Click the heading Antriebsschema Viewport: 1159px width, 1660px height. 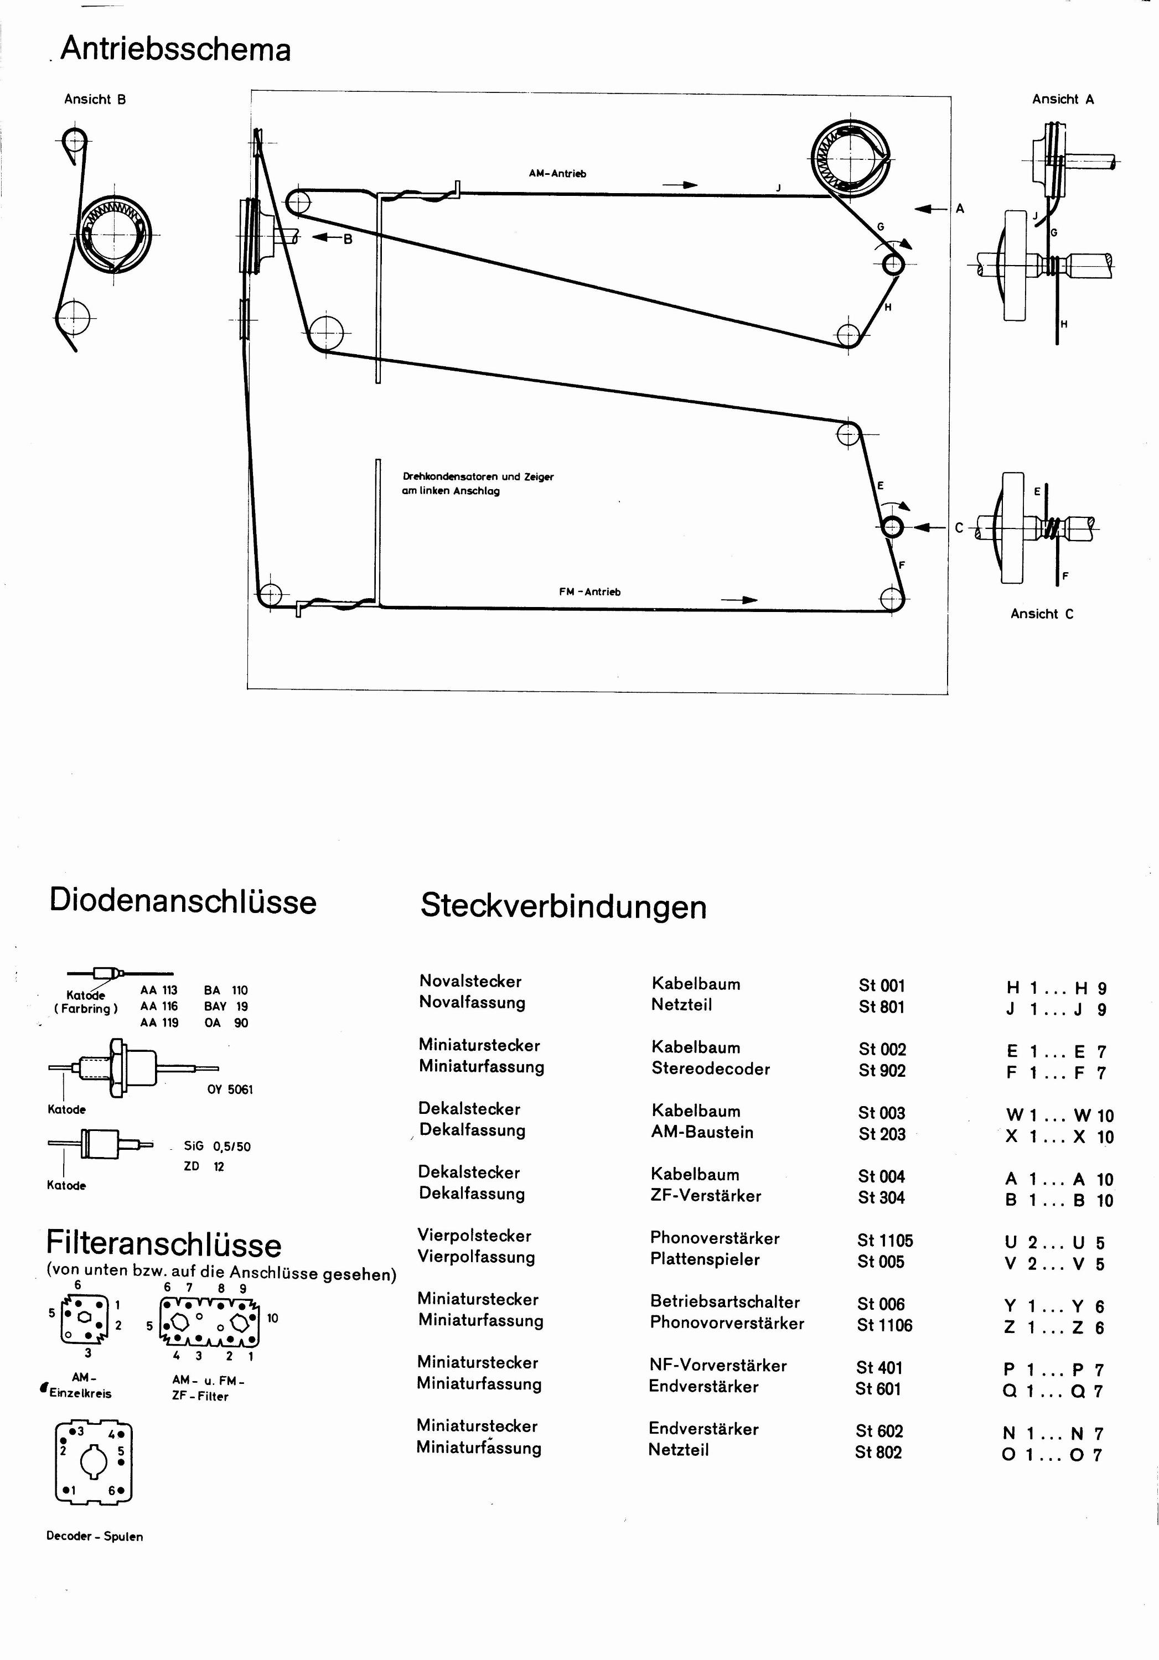(x=175, y=50)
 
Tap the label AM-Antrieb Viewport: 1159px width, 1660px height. (x=557, y=174)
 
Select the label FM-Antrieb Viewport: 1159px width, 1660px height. (x=590, y=592)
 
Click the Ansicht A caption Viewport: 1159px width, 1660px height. (x=1063, y=100)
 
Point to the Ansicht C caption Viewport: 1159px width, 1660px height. (x=1042, y=614)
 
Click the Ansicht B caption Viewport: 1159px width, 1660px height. (x=95, y=100)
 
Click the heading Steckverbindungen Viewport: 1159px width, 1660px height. (x=563, y=907)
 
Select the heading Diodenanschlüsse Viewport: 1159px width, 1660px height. (x=183, y=901)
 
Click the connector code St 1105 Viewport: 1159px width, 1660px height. (x=885, y=1241)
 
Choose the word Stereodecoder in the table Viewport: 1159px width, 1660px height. (x=711, y=1068)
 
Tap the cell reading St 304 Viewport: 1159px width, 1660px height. (x=881, y=1198)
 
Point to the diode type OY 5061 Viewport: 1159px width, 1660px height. (x=230, y=1090)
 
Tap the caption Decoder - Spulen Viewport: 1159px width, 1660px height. (x=95, y=1537)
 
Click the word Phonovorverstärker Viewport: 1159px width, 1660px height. (x=727, y=1323)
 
